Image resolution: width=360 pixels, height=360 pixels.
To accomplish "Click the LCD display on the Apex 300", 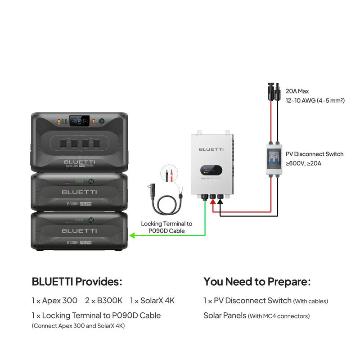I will pos(80,121).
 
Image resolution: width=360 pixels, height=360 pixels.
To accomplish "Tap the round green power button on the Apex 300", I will pos(102,121).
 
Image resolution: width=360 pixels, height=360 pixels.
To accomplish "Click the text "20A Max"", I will pos(297,91).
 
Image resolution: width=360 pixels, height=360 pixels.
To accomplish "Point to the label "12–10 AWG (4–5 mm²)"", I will pos(315,100).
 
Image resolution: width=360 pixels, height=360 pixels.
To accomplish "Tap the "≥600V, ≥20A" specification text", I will pos(304,163).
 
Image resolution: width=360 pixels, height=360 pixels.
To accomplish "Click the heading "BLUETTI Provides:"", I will pos(77,282).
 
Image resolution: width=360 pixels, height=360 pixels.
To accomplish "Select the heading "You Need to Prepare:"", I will pos(257,282).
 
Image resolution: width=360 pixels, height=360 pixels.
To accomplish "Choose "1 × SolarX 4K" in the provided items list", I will pos(152,300).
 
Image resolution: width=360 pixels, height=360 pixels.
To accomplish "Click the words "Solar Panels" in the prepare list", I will pos(225,315).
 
